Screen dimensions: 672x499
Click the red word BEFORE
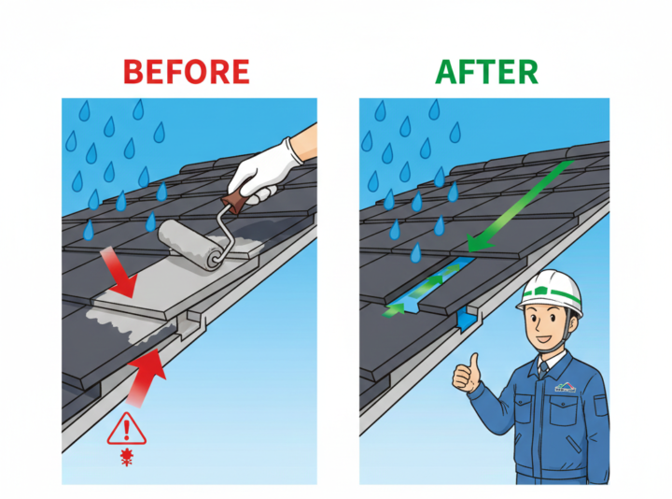(187, 72)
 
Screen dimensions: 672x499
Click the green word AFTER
(486, 72)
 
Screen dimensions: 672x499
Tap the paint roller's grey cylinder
(190, 245)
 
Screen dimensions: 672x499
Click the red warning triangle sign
(126, 429)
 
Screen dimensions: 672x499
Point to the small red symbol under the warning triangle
(127, 457)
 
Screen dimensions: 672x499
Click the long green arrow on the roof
(521, 206)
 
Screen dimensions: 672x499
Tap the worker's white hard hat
(550, 292)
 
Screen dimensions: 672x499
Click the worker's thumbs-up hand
(467, 373)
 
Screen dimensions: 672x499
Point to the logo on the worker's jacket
(566, 387)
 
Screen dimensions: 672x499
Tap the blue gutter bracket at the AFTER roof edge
(464, 321)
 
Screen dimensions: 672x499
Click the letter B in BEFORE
(133, 72)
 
